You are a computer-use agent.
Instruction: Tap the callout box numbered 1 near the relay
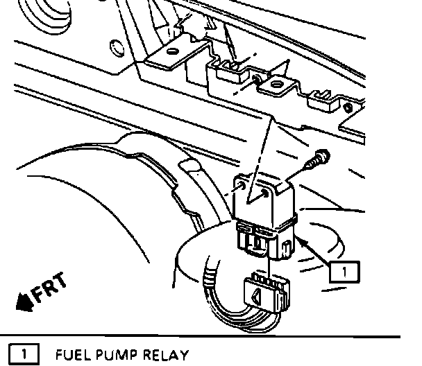pyautogui.click(x=345, y=270)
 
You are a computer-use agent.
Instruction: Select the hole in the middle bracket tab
pyautogui.click(x=276, y=85)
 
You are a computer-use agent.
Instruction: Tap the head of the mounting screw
pyautogui.click(x=324, y=155)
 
